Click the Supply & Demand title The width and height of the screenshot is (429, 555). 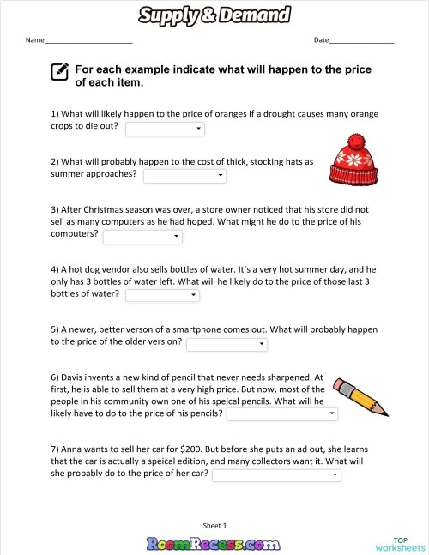pos(214,15)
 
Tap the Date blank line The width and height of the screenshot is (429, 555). pos(361,42)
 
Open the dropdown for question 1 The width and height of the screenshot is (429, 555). pos(165,129)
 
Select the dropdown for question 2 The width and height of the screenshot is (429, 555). pos(184,176)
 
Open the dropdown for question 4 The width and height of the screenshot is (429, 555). pos(163,296)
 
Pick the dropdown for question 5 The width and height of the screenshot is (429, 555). pos(227,344)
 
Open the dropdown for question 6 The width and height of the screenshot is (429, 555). pos(281,414)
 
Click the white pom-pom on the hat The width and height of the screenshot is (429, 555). pos(352,140)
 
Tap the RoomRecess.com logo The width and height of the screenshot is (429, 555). pos(214,542)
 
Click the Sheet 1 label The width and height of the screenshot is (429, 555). pos(214,525)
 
